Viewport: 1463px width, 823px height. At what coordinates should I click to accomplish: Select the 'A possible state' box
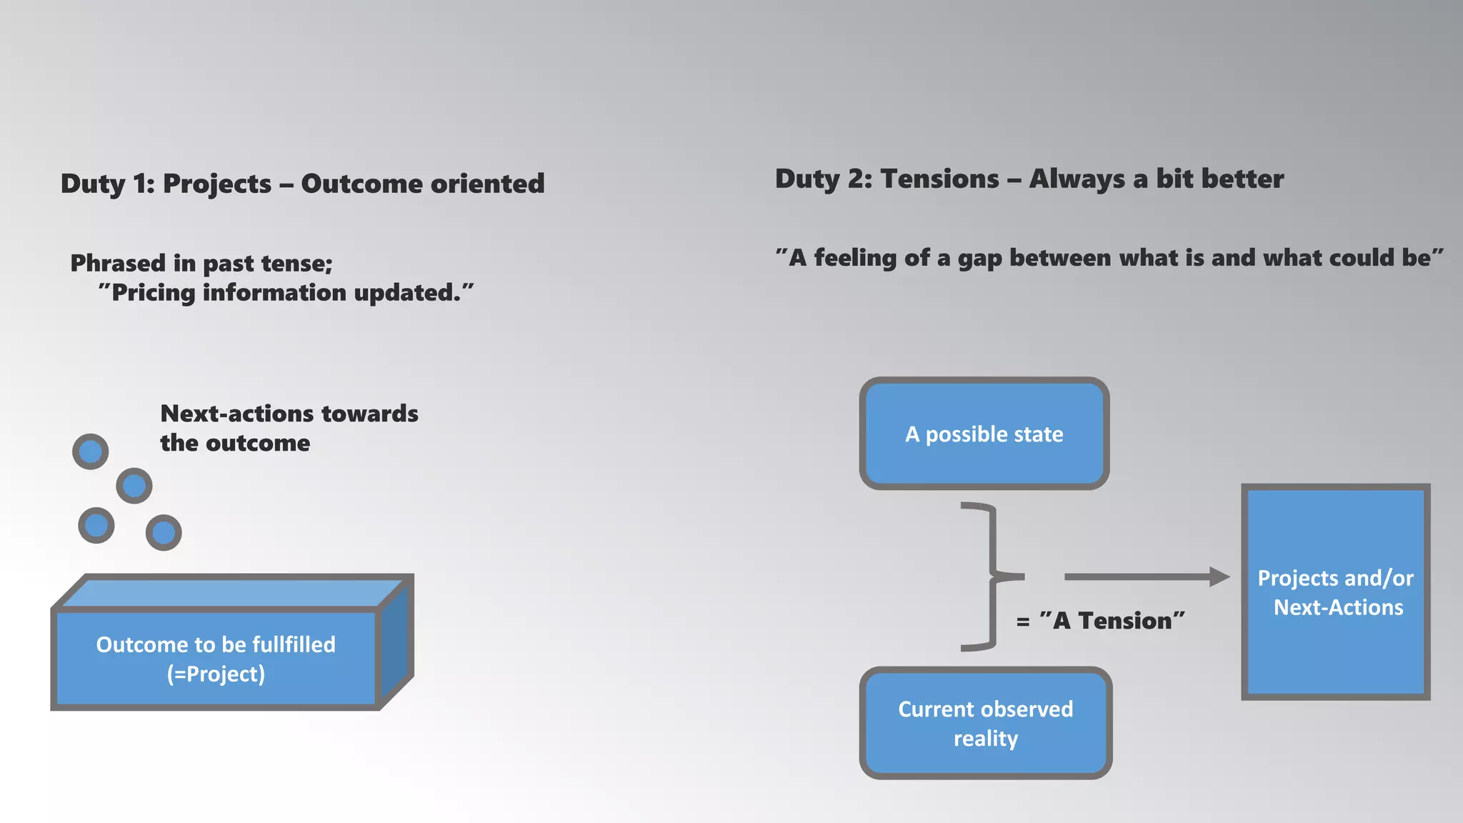click(x=984, y=434)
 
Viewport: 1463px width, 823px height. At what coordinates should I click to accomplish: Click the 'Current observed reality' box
click(x=985, y=723)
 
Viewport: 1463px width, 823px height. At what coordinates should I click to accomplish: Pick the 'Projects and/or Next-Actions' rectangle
click(x=1335, y=592)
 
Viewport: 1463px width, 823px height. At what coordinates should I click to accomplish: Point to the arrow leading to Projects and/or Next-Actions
click(x=1146, y=577)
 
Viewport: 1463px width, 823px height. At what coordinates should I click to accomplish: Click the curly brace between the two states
click(x=989, y=577)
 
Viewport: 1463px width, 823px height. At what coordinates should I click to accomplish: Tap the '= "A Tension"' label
click(x=1100, y=621)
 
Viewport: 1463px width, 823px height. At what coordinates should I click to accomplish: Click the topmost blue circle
click(x=91, y=452)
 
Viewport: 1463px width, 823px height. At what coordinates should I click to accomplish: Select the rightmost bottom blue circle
click(x=164, y=533)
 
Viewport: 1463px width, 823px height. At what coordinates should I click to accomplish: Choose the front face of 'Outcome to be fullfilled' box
click(x=216, y=659)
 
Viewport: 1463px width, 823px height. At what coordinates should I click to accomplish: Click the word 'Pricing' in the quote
click(x=154, y=293)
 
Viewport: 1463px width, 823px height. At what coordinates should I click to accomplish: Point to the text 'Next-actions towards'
click(x=289, y=414)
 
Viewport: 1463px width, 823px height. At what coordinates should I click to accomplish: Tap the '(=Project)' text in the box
click(x=216, y=674)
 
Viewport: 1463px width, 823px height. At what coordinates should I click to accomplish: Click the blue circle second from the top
click(x=134, y=486)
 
